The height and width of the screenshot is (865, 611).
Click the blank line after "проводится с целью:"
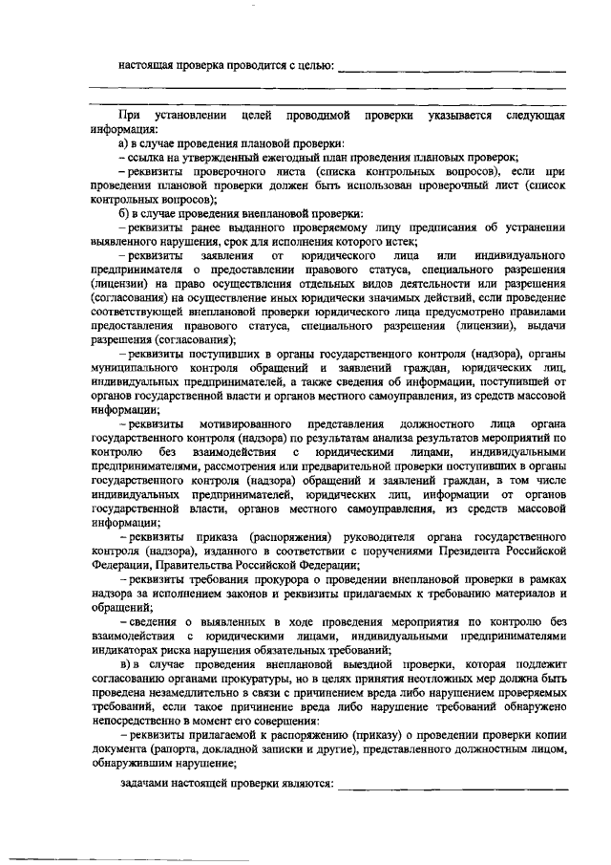(x=453, y=70)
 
